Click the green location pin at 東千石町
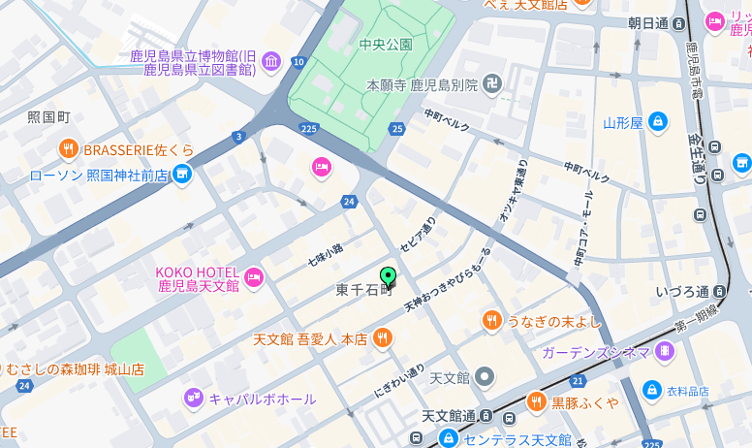point(388,277)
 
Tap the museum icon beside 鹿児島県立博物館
point(271,61)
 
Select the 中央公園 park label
point(386,44)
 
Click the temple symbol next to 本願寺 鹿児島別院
point(493,84)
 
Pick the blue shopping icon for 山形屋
point(658,122)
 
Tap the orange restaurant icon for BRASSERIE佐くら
point(68,149)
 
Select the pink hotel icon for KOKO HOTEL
point(254,278)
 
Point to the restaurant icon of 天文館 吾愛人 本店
point(383,338)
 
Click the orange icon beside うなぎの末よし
point(492,321)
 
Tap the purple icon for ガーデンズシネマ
point(664,351)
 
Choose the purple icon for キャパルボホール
point(194,398)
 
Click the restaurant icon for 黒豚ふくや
point(537,401)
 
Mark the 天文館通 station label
point(449,416)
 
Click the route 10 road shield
point(298,62)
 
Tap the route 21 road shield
point(578,381)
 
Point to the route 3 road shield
point(238,137)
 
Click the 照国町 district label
point(48,117)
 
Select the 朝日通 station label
point(648,23)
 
